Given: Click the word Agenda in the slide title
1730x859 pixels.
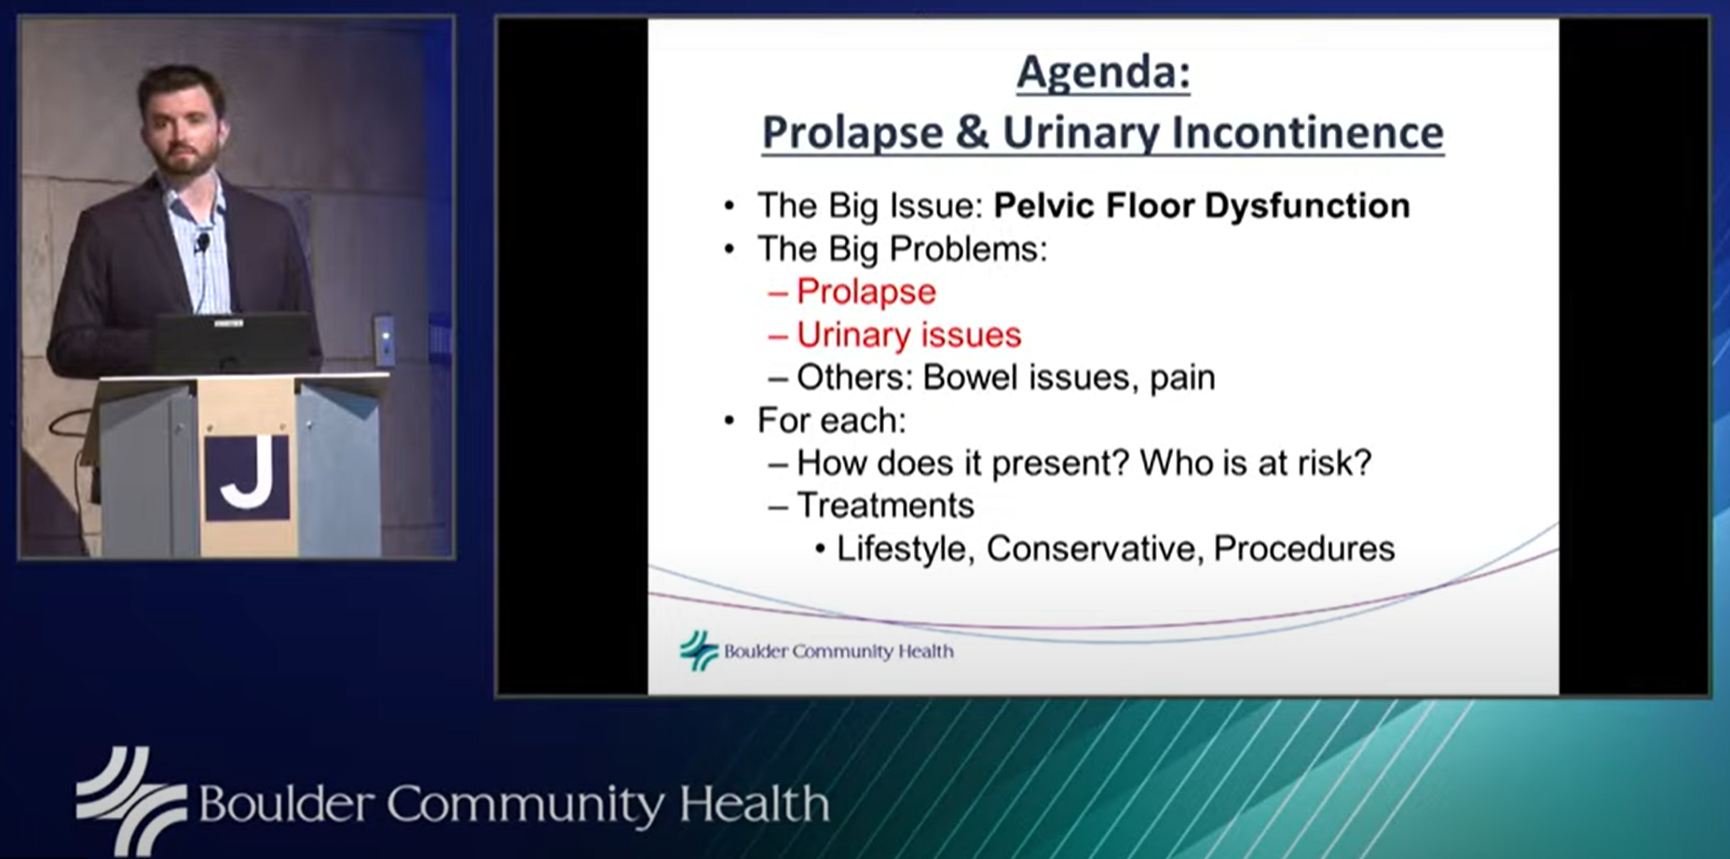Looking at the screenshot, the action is click(1098, 74).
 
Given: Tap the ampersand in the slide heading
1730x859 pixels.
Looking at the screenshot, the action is click(972, 132).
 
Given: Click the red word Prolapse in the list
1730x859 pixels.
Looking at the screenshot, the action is click(866, 292).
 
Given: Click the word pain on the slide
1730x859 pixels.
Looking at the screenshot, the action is click(1182, 379).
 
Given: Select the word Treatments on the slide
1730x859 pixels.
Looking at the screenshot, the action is click(886, 505).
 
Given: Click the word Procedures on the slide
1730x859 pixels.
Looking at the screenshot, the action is click(1304, 549).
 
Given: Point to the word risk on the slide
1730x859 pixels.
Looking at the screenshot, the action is click(1338, 463).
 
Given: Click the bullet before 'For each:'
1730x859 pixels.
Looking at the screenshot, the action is click(729, 421).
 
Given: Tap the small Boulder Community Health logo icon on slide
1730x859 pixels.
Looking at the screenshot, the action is click(699, 650).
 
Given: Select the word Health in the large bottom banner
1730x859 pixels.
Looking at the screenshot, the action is click(754, 804).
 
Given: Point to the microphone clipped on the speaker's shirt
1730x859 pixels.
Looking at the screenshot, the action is click(201, 244).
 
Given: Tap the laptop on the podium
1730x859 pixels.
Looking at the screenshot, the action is click(233, 343).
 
